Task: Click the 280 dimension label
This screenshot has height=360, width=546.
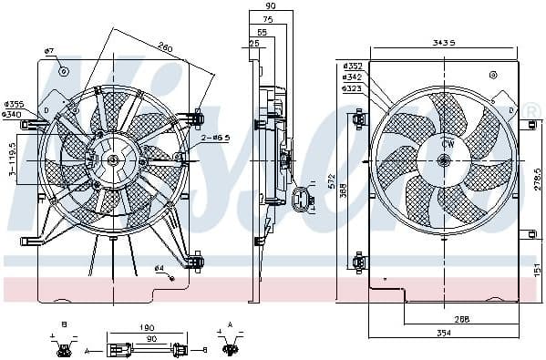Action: [164, 47]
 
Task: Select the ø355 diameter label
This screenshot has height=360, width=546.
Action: [14, 104]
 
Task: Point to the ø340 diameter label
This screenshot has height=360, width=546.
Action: [14, 114]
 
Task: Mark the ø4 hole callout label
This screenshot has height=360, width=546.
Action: [158, 268]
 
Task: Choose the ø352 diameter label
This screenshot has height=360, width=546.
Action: [352, 66]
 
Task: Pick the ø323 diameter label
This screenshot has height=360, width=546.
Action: [352, 88]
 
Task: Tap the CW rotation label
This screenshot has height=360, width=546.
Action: [448, 144]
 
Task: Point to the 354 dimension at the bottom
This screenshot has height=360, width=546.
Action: [444, 335]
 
